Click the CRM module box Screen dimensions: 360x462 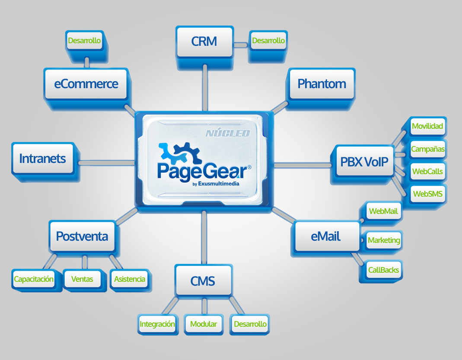(x=204, y=42)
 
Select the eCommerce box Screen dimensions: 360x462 (x=86, y=83)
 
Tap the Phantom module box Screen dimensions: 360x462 (x=322, y=83)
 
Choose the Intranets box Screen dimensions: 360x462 (x=42, y=158)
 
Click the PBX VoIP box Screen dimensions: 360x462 (x=364, y=162)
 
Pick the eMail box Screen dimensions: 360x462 (x=326, y=236)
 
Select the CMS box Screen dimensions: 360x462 (x=203, y=281)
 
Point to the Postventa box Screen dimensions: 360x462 (x=82, y=236)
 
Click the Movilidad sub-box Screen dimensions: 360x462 (x=427, y=126)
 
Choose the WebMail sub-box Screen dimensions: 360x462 (x=383, y=212)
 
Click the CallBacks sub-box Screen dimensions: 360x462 (x=383, y=270)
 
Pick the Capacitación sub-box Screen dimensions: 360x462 (x=34, y=279)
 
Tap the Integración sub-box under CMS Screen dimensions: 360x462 (x=157, y=324)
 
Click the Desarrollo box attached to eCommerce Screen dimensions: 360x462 (x=84, y=41)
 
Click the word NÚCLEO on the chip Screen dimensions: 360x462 (x=227, y=133)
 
